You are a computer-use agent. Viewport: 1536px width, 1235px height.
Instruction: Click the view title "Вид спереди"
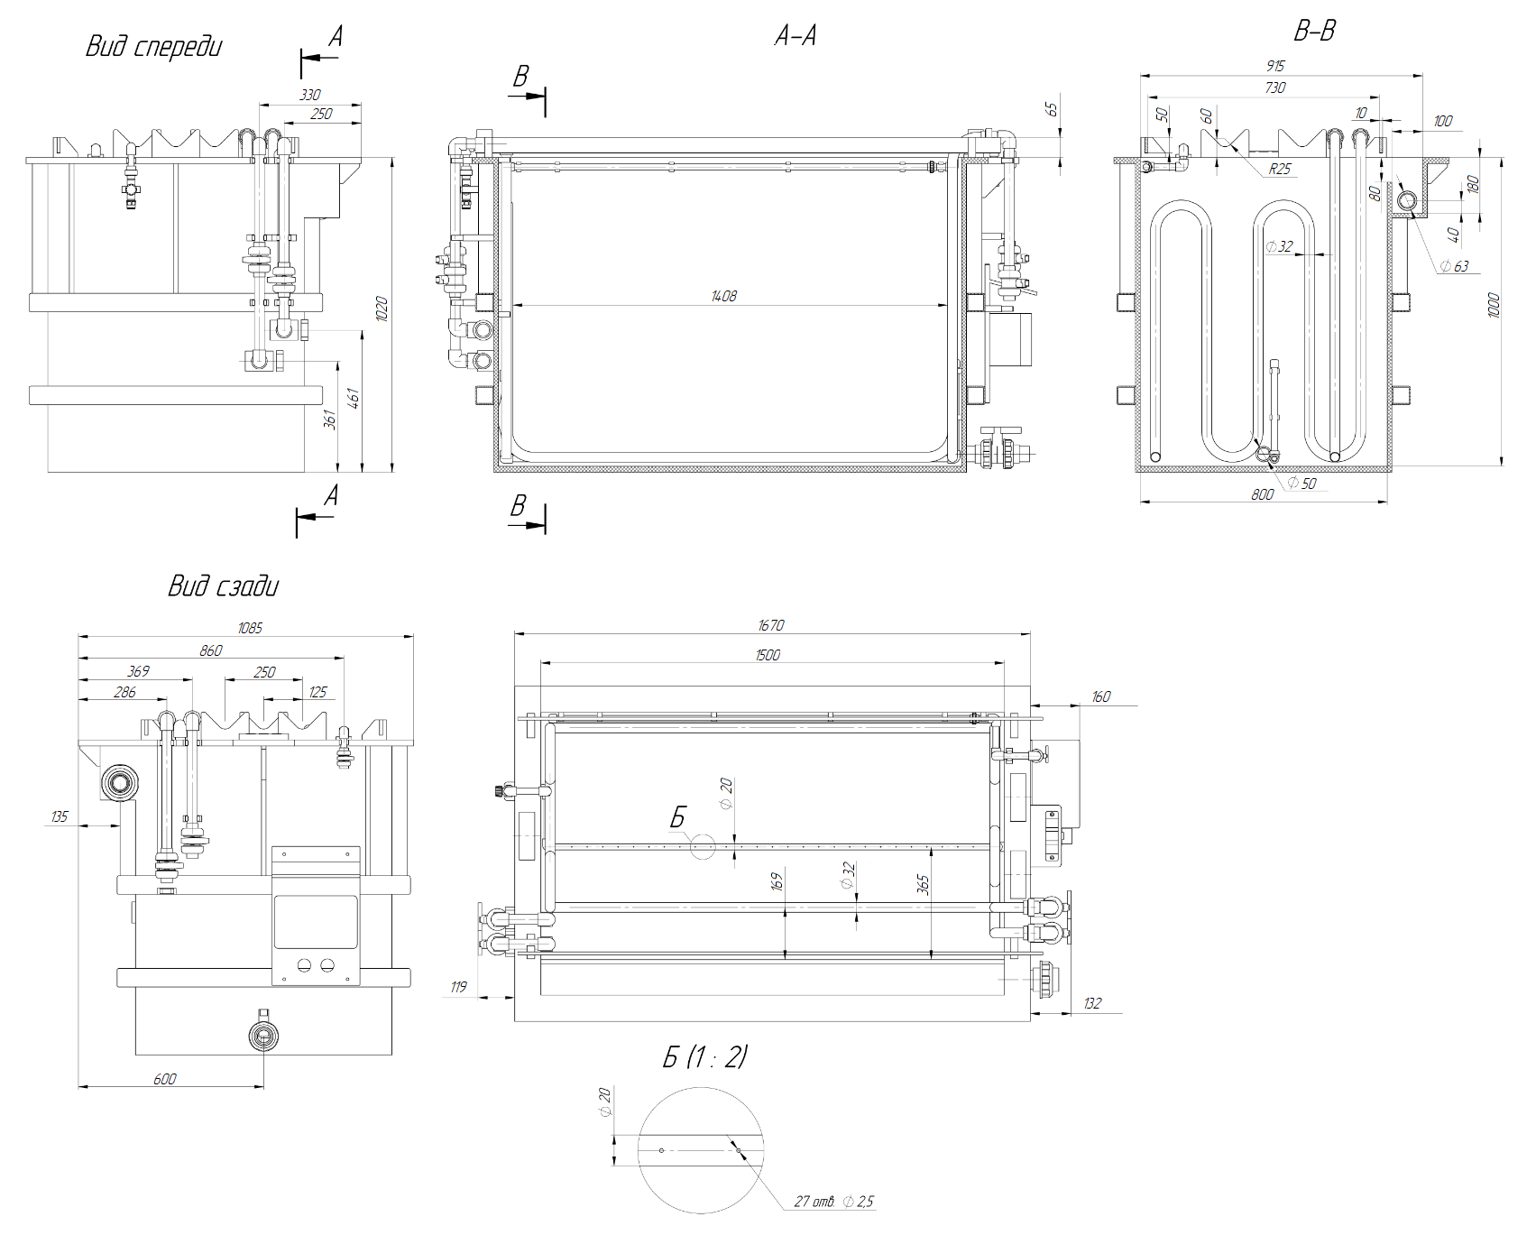tap(153, 47)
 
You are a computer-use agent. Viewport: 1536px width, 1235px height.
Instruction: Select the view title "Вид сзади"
tap(223, 586)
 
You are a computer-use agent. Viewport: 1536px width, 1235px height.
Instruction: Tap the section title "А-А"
tap(796, 36)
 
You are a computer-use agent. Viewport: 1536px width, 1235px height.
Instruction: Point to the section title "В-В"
tap(1314, 32)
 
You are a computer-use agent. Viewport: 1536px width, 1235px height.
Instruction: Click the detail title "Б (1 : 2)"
tap(704, 1056)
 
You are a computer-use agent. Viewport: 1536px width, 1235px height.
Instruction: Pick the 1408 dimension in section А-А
tap(723, 296)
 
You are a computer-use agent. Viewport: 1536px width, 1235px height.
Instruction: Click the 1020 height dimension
tap(382, 309)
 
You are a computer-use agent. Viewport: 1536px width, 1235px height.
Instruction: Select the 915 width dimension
tap(1274, 66)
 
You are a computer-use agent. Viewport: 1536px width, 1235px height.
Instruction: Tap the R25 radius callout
tap(1279, 169)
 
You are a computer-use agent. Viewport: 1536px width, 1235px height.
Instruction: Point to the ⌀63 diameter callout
tap(1454, 265)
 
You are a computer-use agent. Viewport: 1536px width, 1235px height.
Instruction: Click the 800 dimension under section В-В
tap(1262, 493)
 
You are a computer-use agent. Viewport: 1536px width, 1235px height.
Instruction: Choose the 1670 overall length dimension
tap(771, 625)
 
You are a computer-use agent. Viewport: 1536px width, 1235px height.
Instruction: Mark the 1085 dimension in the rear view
tap(250, 628)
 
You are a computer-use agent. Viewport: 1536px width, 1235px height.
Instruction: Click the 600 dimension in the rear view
tap(165, 1079)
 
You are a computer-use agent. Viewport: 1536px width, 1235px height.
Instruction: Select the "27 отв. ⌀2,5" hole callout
tap(833, 1202)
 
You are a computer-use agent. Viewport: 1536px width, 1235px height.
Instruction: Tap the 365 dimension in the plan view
tap(923, 884)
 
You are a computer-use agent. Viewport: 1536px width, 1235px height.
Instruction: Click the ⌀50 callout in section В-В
tap(1301, 484)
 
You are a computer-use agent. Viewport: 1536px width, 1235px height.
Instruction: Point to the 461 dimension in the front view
tap(354, 398)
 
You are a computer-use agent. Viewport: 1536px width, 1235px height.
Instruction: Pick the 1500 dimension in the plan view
tap(768, 655)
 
